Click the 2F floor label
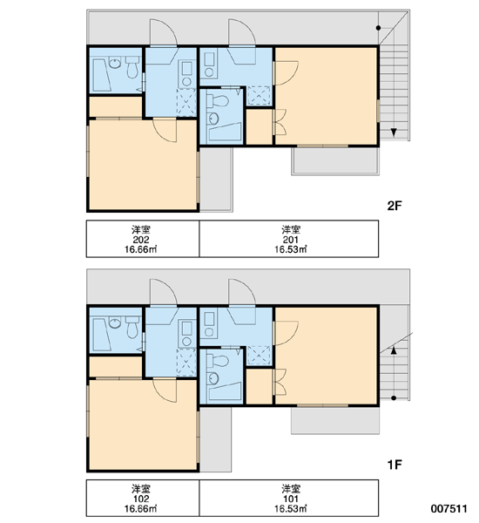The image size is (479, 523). pyautogui.click(x=395, y=206)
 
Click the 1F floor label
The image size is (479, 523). pyautogui.click(x=395, y=465)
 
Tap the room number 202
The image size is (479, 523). pyautogui.click(x=141, y=240)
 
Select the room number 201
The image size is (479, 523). pyautogui.click(x=291, y=240)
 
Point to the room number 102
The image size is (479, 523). pyautogui.click(x=141, y=499)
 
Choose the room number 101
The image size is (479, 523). pyautogui.click(x=291, y=499)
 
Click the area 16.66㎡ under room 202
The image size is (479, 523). pyautogui.click(x=141, y=249)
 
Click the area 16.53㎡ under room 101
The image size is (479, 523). pyautogui.click(x=291, y=509)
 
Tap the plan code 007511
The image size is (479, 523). pyautogui.click(x=449, y=509)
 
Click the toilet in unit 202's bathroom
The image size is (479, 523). pyautogui.click(x=132, y=67)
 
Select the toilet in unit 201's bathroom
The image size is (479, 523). pyautogui.click(x=217, y=100)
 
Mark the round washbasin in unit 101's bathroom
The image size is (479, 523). pyautogui.click(x=213, y=378)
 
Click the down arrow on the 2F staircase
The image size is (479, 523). pyautogui.click(x=394, y=132)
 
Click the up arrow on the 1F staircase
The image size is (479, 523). pyautogui.click(x=394, y=350)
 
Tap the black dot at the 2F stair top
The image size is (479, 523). pyautogui.click(x=378, y=28)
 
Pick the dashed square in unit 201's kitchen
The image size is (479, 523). pyautogui.click(x=259, y=96)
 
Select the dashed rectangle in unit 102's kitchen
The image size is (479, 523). pyautogui.click(x=186, y=363)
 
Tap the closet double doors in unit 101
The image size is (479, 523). pyautogui.click(x=280, y=382)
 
